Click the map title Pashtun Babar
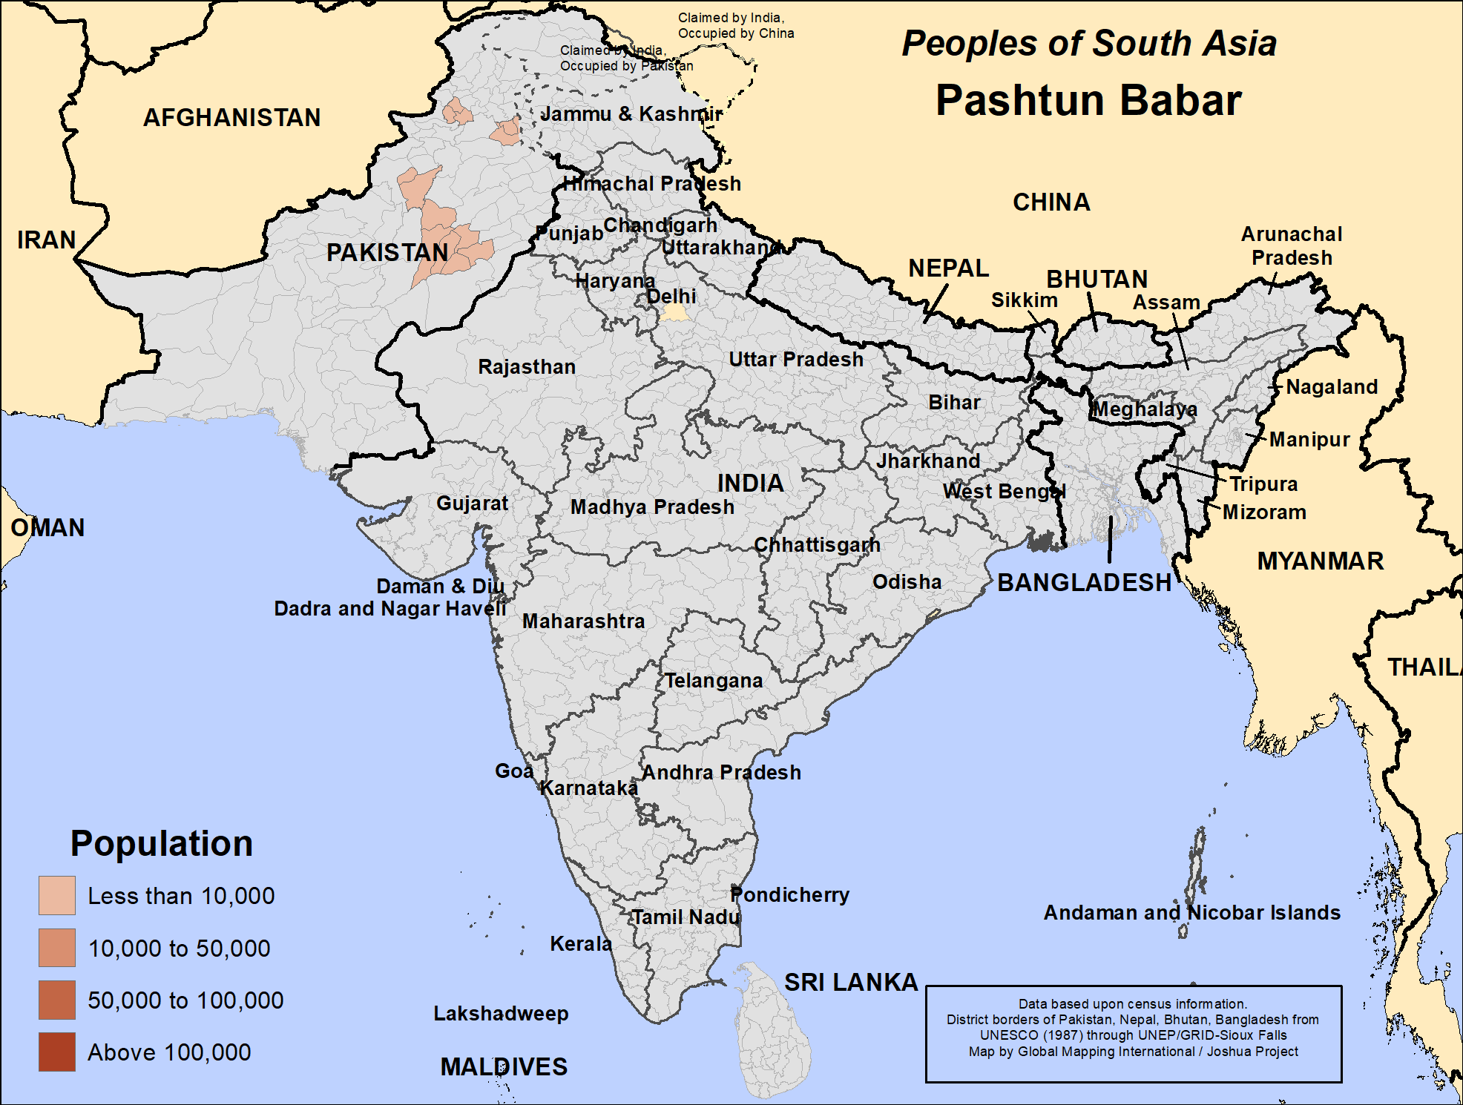pos(1088,100)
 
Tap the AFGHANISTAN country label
pos(231,117)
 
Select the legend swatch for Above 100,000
pos(57,1052)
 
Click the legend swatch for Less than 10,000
pos(57,895)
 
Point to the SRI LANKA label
pos(851,982)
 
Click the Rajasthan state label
pos(526,366)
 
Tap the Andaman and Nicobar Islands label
pos(1191,912)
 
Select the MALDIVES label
pos(504,1066)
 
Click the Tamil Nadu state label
pos(686,917)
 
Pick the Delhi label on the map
pos(671,296)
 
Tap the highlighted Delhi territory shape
pos(675,312)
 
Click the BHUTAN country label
pos(1097,279)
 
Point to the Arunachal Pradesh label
pos(1292,245)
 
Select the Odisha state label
pos(907,581)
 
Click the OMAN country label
pos(47,527)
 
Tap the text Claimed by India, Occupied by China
pos(735,25)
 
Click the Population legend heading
pos(162,843)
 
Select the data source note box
pos(1133,1034)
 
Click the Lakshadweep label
pos(501,1013)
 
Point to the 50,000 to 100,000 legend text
pos(185,1000)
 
